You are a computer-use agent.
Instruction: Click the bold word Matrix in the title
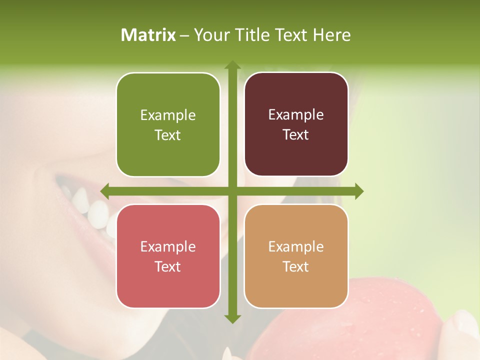148,35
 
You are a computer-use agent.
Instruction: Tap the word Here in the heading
331,35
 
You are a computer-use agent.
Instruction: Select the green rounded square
168,125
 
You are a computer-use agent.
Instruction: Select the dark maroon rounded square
296,124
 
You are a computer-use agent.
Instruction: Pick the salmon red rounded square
168,256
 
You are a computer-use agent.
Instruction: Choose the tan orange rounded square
296,256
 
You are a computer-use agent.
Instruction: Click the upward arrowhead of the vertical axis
232,65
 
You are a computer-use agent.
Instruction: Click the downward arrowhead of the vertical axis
232,318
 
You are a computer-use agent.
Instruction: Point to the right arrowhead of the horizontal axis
358,191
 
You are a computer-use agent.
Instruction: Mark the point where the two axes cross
232,191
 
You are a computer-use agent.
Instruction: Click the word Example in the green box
168,115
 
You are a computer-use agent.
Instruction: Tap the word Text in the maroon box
296,135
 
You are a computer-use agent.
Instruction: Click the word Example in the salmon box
168,247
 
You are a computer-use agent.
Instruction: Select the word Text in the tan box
296,266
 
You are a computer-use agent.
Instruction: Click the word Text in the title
290,35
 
